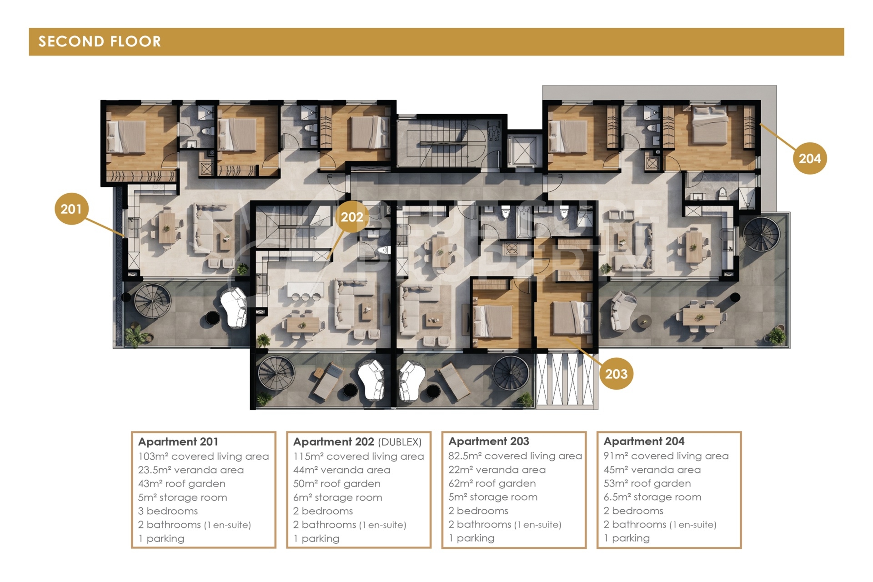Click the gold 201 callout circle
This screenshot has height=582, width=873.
[71, 209]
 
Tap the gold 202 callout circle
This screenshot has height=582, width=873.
[352, 217]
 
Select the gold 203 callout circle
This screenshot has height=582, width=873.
[616, 374]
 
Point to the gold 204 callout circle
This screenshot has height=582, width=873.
[810, 158]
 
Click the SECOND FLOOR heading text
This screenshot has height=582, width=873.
[100, 41]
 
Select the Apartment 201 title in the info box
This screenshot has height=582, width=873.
[178, 442]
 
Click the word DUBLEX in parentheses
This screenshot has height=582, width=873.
[400, 442]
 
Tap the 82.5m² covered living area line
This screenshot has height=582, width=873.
[515, 456]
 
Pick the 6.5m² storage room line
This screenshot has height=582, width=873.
[652, 497]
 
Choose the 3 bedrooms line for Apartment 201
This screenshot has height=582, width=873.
[168, 511]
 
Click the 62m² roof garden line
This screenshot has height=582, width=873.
[492, 483]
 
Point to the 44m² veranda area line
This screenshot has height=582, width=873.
[342, 470]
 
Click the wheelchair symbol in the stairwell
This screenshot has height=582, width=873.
[493, 131]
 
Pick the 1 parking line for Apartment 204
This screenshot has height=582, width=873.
[627, 538]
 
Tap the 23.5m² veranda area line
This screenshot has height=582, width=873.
[191, 470]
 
